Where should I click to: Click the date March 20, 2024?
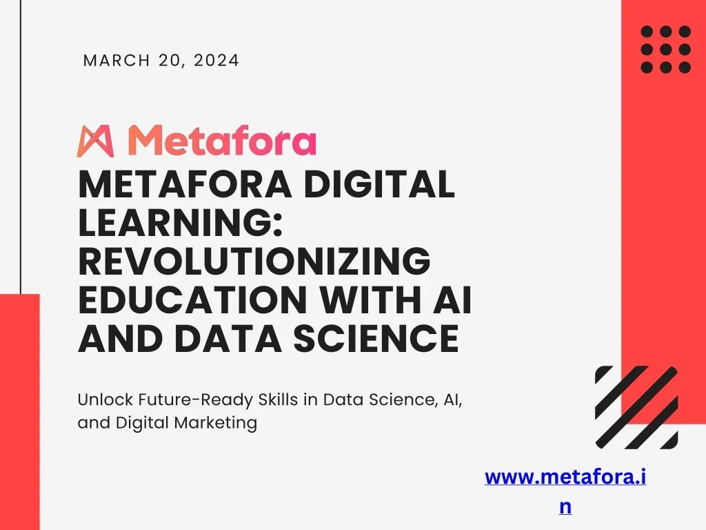tap(161, 61)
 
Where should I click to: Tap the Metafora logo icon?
tap(95, 141)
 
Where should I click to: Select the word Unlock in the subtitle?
tap(100, 400)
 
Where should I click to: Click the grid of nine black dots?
tap(665, 49)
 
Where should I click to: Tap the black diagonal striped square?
tap(636, 407)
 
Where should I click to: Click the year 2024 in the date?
tap(216, 61)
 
